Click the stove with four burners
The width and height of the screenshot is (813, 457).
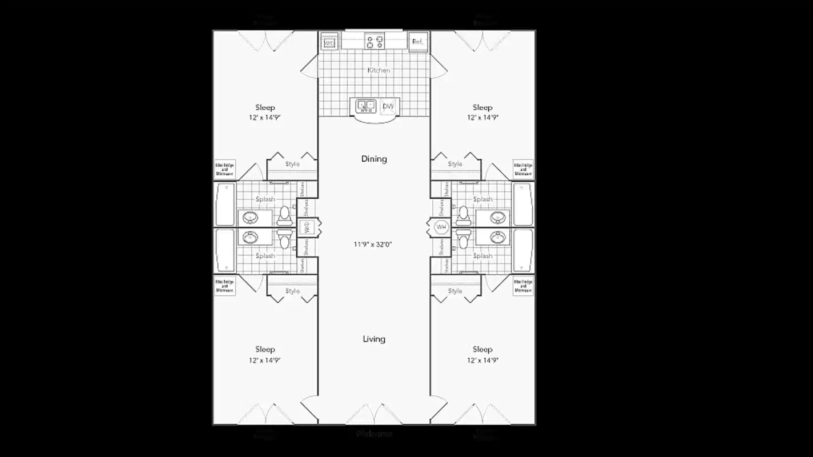point(375,42)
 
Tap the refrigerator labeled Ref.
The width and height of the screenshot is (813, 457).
point(418,42)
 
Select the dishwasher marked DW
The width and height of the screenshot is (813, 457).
point(388,106)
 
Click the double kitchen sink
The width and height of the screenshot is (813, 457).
point(365,106)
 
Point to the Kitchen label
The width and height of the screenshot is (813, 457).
point(379,70)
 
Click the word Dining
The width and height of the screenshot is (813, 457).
point(374,159)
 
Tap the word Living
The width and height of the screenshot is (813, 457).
point(374,339)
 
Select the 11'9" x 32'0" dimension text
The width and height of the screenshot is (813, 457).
point(373,244)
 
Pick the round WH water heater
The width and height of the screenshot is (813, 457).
point(441,227)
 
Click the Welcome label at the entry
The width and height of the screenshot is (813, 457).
point(374,434)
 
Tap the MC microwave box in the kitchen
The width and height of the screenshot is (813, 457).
point(329,43)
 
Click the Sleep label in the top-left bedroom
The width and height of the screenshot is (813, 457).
point(265,107)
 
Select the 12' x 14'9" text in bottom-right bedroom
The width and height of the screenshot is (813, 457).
point(482,360)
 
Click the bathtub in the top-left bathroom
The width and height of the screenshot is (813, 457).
point(225,204)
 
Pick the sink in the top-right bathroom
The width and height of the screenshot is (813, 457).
point(498,218)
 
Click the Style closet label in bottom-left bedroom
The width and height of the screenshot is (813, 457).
point(292,291)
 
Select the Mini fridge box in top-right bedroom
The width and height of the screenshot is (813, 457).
point(523,169)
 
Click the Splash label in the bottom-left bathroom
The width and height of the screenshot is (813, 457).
point(265,256)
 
